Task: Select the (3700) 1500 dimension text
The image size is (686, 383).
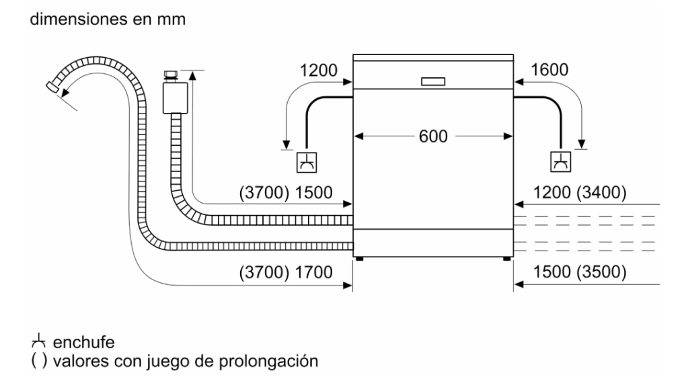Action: (286, 192)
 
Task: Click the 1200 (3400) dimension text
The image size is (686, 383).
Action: (580, 192)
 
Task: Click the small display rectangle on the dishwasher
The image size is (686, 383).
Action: (433, 82)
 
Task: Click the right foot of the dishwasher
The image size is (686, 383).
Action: (504, 257)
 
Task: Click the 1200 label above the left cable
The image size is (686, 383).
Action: (318, 69)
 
